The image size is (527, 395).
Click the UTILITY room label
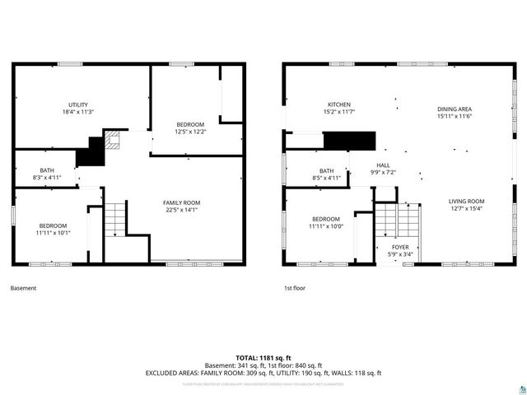78,105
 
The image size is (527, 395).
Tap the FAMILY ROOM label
181,202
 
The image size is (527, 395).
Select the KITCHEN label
339,105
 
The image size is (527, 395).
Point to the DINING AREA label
455,109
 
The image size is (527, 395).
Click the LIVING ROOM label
466,202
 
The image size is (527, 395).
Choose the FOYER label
399,246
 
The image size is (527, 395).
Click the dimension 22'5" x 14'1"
181,210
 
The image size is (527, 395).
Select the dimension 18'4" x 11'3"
78,113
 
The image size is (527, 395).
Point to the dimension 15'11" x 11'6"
455,116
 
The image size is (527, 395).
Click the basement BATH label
46,170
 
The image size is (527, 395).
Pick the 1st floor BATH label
327,170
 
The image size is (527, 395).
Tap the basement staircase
114,219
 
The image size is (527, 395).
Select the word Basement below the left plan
23,288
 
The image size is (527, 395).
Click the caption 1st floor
296,288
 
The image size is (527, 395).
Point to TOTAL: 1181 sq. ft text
263,358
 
